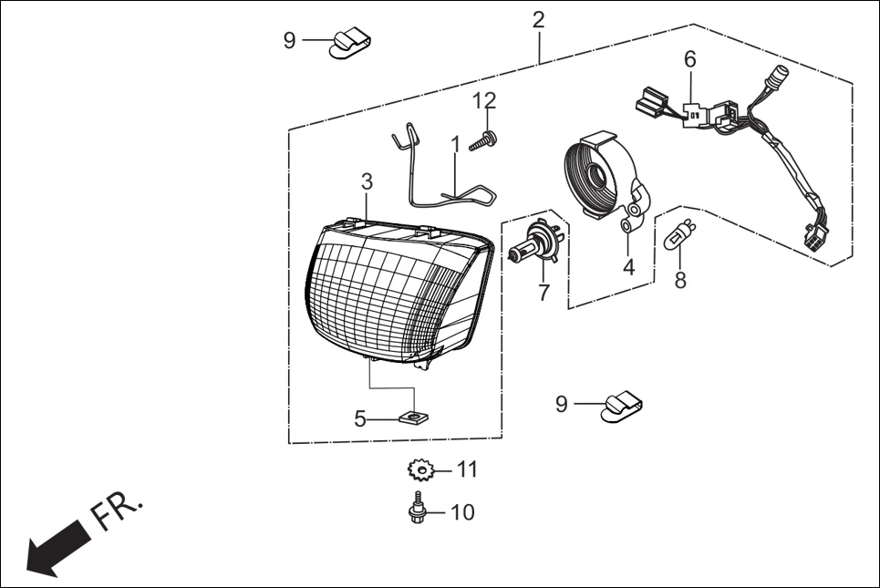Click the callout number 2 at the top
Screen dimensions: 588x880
(539, 19)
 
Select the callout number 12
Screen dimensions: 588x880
(484, 99)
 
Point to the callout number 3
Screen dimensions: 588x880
(367, 181)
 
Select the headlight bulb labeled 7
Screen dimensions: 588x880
(538, 242)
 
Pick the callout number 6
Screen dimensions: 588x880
(689, 59)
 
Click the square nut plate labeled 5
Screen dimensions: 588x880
(415, 418)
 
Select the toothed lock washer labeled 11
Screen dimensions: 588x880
(419, 470)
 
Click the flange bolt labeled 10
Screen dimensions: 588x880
(417, 508)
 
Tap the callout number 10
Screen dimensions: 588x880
(462, 512)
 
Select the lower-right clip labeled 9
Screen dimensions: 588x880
(621, 407)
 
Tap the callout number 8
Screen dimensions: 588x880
(680, 280)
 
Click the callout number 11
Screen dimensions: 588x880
(467, 469)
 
